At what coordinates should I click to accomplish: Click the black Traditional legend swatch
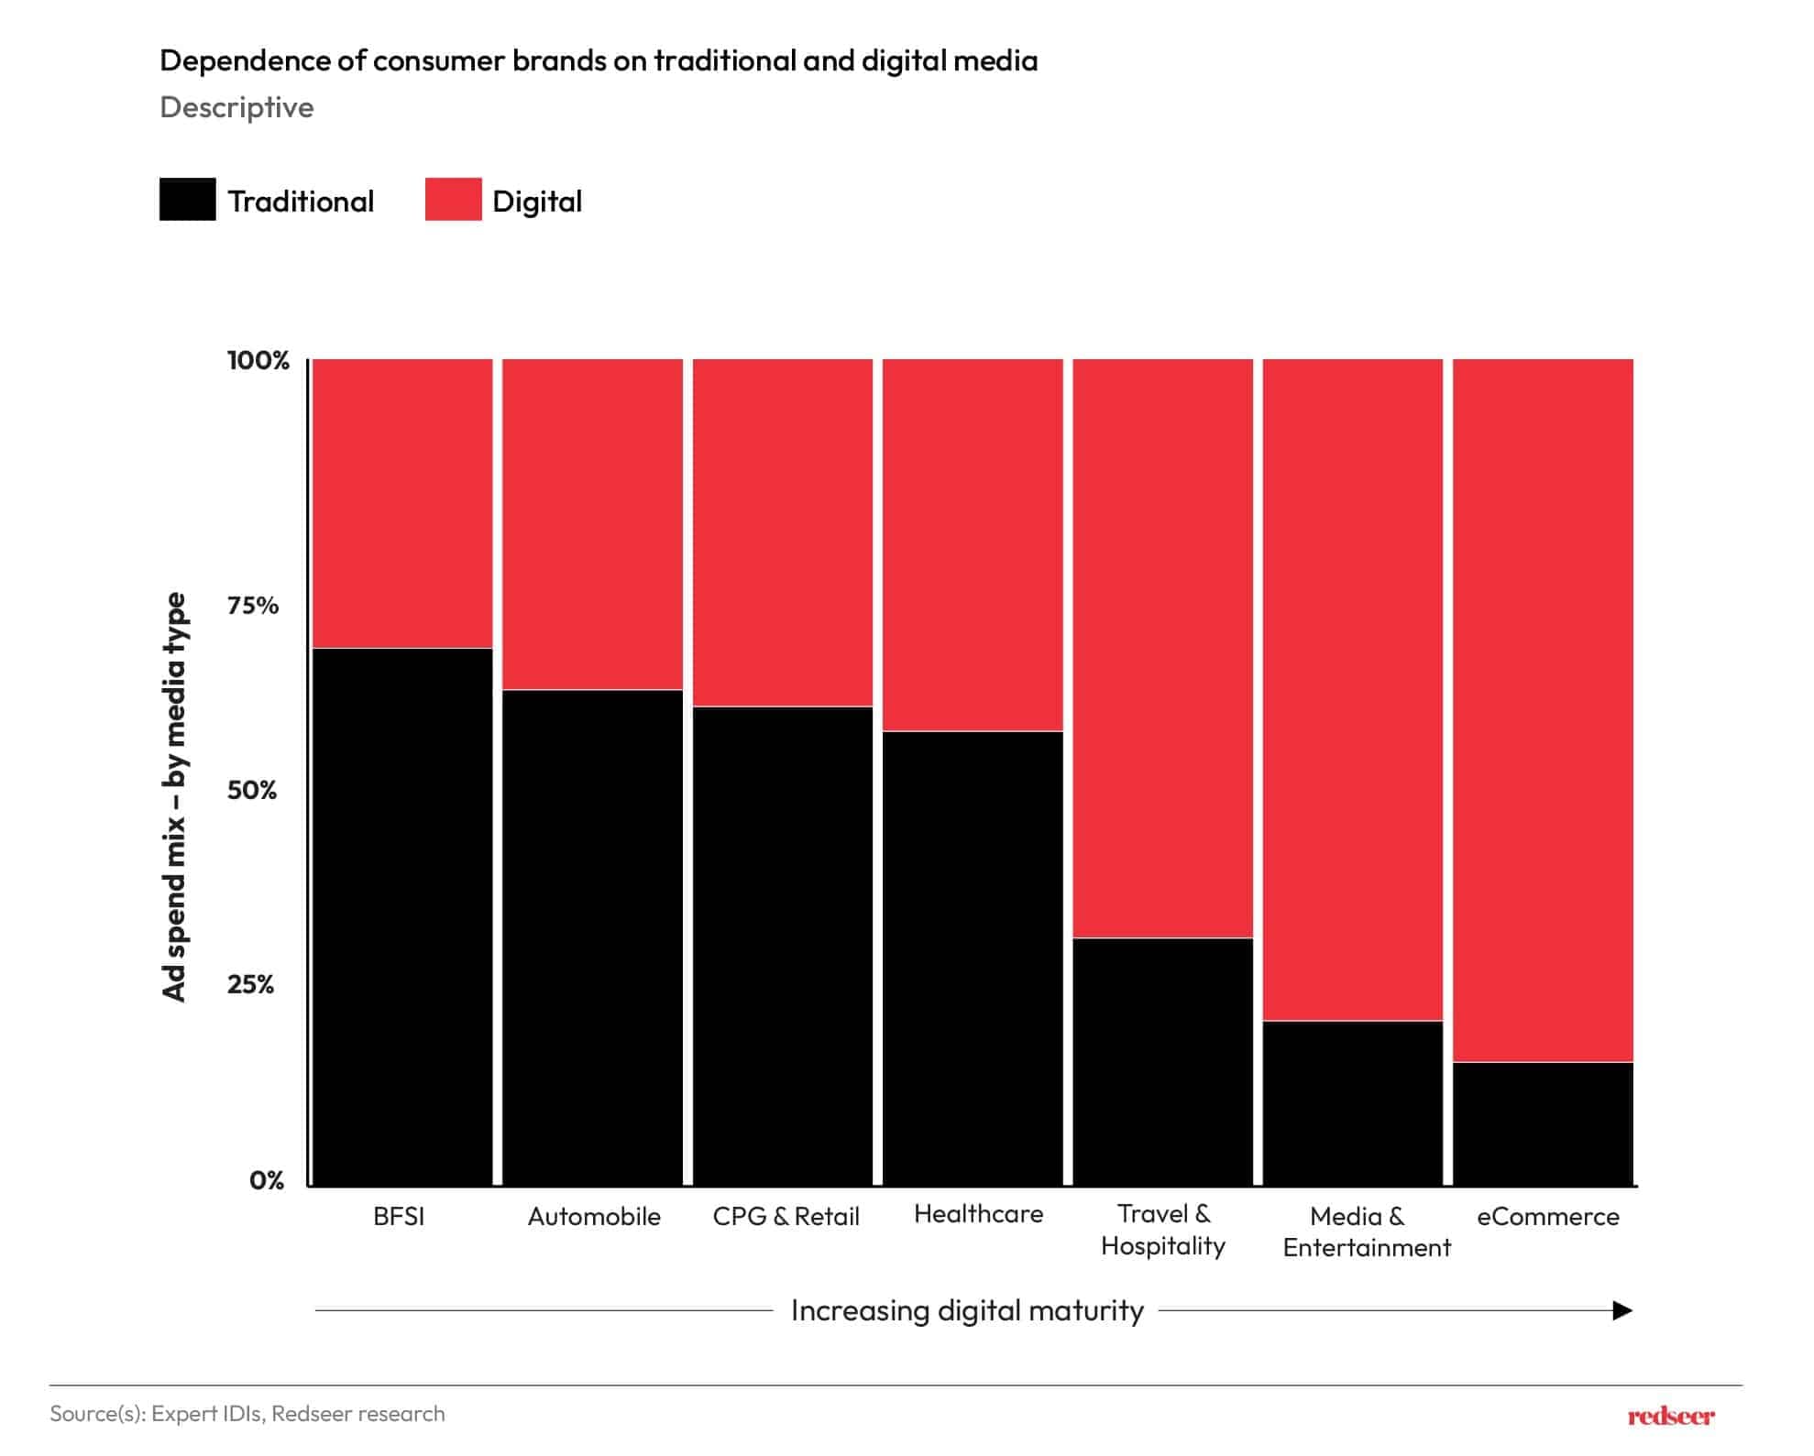(187, 199)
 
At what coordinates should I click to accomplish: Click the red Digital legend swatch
(453, 199)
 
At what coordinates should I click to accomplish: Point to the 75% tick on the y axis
(252, 605)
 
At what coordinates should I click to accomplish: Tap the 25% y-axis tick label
(250, 984)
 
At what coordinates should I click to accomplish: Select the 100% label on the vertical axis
(258, 360)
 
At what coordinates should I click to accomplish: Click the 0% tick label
(266, 1180)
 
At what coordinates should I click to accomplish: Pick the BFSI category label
(399, 1216)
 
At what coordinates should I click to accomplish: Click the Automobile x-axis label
(594, 1216)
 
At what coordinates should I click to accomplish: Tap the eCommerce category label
(1547, 1216)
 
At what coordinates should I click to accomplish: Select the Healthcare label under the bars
(978, 1213)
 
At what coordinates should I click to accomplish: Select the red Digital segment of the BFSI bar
(402, 503)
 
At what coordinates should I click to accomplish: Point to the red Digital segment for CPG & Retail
(783, 532)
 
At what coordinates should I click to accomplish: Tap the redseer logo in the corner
(1670, 1416)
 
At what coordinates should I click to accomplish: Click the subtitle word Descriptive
(236, 107)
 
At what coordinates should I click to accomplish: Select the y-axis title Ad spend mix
(174, 796)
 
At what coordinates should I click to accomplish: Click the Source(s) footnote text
(247, 1413)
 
